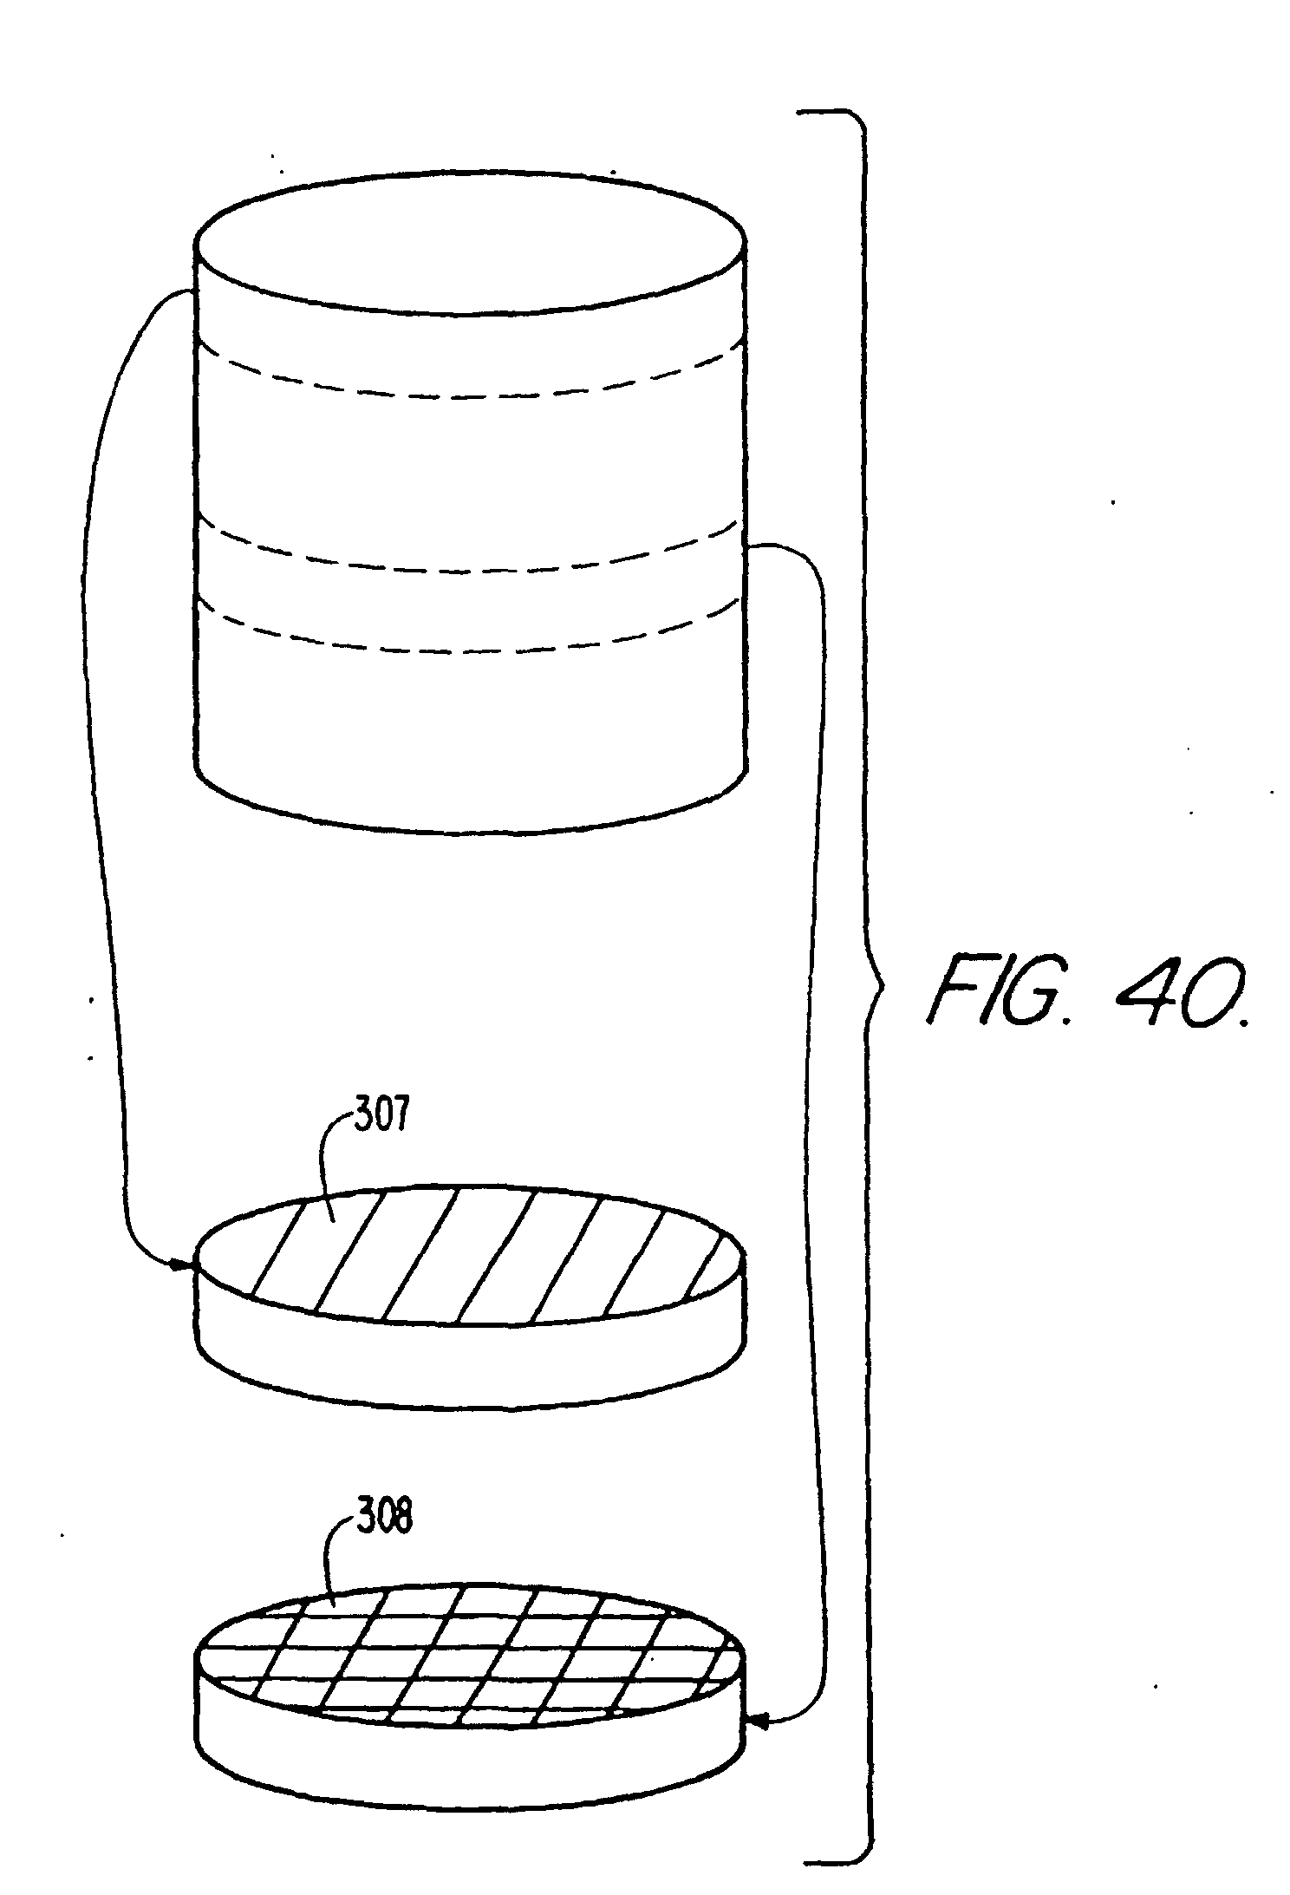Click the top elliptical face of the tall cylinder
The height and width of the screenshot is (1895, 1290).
(471, 243)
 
